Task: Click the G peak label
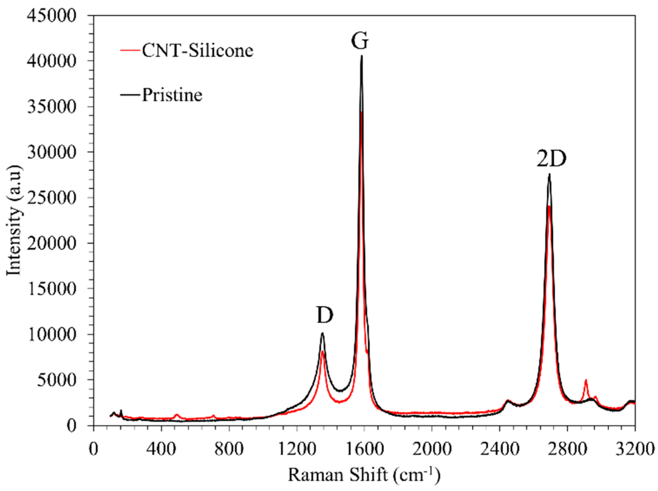360,41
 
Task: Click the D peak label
325,315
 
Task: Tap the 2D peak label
551,159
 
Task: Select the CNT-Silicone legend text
197,51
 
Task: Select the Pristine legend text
172,95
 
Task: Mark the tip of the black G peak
361,56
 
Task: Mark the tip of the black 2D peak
549,174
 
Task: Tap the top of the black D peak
322,333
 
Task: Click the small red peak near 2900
585,380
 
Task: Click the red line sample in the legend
130,51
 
